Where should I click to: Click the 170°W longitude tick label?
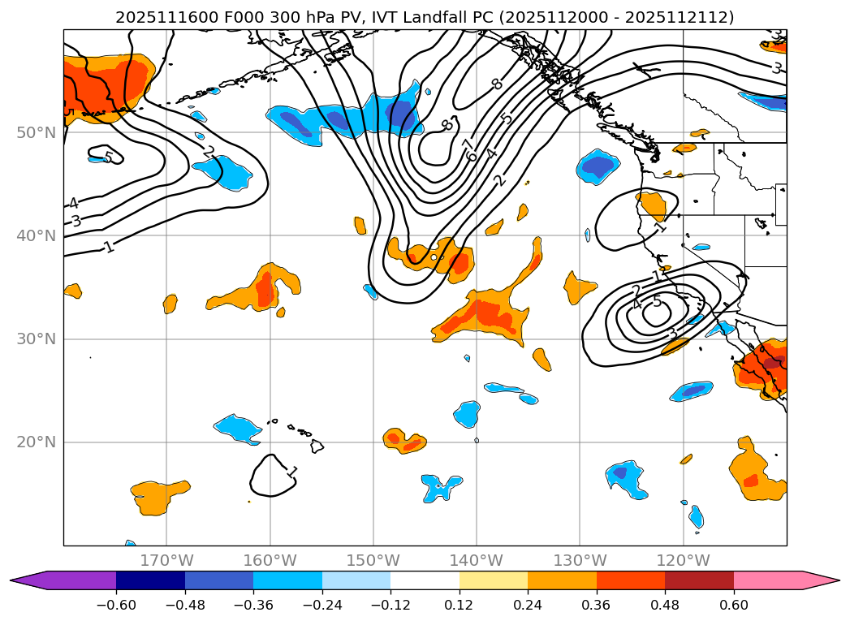pyautogui.click(x=166, y=560)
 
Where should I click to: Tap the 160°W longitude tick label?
pyautogui.click(x=270, y=560)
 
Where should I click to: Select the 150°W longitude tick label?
pyautogui.click(x=373, y=560)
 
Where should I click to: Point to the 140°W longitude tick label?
pyautogui.click(x=476, y=560)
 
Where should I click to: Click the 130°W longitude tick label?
pyautogui.click(x=579, y=560)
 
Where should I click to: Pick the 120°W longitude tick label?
pyautogui.click(x=683, y=560)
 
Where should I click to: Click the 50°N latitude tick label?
pyautogui.click(x=37, y=132)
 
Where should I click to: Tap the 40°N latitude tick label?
pyautogui.click(x=37, y=235)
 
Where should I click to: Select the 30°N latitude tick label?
pyautogui.click(x=37, y=339)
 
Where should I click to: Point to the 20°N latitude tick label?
pyautogui.click(x=37, y=442)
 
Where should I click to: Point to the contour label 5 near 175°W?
pyautogui.click(x=109, y=157)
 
